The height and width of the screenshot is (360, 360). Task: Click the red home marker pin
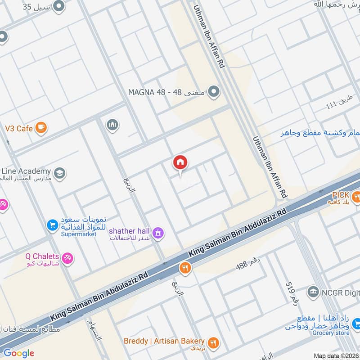(180, 163)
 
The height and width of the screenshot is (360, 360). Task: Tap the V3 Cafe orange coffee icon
(41, 128)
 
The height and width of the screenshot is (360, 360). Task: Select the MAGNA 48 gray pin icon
(214, 92)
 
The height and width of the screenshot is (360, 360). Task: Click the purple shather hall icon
(158, 233)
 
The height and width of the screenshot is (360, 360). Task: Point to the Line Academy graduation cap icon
(59, 173)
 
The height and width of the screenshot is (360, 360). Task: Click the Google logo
(19, 353)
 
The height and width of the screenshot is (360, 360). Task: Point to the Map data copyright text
(336, 356)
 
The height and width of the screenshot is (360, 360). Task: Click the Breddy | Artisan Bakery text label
(164, 341)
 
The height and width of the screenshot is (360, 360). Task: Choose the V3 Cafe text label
(18, 129)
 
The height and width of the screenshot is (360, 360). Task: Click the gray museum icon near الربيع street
(112, 124)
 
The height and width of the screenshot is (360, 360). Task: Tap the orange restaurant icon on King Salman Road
(185, 268)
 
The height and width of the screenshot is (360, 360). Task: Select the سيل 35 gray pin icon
(58, 6)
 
